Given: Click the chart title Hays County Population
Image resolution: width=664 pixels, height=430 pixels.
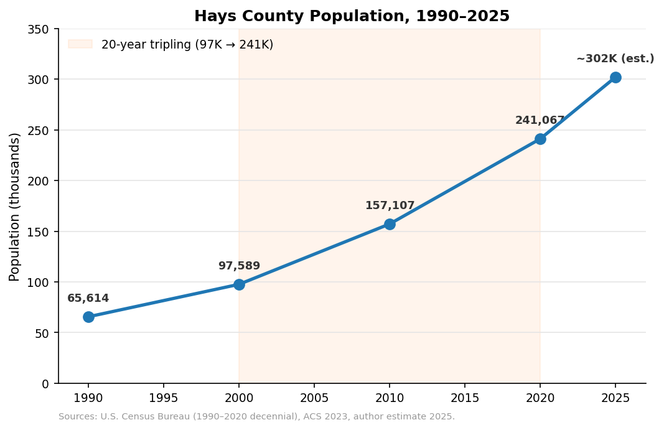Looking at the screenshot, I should pos(352,16).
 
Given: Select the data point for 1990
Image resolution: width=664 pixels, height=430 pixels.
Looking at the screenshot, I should pos(88,317).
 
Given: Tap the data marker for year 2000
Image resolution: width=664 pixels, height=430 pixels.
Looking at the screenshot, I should pos(239,284).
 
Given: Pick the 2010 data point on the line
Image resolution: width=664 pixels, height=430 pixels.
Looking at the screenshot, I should pos(390,224).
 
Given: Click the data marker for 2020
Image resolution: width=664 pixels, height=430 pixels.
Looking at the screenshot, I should pos(540,139).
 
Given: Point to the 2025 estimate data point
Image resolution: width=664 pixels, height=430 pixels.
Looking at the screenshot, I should pos(615,77).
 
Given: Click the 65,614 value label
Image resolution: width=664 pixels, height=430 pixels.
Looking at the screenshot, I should pos(88,299).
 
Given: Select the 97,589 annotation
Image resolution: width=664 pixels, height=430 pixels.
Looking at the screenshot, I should pos(239,266).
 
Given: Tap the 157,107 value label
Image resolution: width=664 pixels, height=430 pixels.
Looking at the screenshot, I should pos(390,206).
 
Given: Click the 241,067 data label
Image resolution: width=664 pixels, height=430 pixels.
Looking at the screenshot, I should pos(540,121).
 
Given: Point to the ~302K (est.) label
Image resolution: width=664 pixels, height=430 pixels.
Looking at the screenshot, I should pos(615,59).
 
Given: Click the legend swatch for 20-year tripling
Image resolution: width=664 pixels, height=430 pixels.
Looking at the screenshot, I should pos(80,44).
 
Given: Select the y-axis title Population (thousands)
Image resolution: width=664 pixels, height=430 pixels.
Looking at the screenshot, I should pos(15,207).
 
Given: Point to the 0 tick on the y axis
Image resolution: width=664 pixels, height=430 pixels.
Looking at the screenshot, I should pos(45,384).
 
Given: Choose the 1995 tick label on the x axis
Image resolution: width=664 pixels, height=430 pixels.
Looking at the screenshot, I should pos(164,398).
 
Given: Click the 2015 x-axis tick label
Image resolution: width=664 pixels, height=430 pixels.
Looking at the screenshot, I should pos(465,398).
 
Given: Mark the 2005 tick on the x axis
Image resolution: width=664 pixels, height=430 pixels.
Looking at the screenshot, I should pos(314,398).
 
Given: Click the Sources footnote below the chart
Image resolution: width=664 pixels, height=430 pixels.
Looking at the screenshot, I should pos(256,417).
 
